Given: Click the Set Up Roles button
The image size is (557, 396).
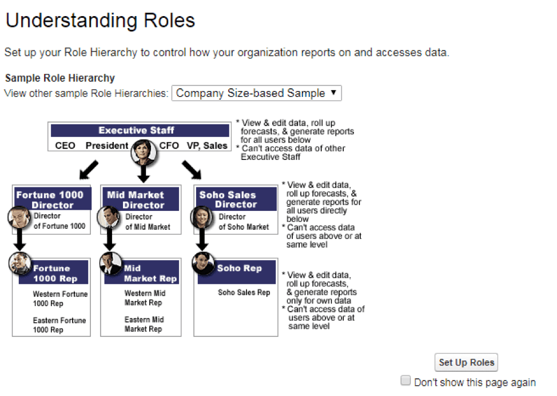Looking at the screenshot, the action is click(x=466, y=363).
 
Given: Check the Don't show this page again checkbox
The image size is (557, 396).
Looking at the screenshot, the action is click(x=405, y=381).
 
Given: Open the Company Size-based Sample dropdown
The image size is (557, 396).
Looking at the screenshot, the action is click(x=256, y=93).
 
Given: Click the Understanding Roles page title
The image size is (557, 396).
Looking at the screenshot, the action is click(x=101, y=20).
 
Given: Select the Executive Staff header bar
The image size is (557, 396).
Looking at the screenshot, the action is click(x=140, y=130).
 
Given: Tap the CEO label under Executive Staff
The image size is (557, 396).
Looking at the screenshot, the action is click(x=65, y=146).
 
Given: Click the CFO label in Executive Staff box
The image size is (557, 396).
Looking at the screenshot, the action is click(x=169, y=146).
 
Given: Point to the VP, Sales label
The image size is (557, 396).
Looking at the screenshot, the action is click(x=207, y=146).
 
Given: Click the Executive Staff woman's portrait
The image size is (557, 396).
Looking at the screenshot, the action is click(x=144, y=152).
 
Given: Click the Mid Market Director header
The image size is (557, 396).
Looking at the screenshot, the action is click(x=140, y=199).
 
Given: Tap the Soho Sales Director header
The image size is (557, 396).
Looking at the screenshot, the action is click(x=236, y=199).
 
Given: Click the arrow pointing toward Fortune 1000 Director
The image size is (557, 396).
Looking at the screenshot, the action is click(x=89, y=170).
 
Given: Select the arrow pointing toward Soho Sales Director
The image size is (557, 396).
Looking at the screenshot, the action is click(x=192, y=170).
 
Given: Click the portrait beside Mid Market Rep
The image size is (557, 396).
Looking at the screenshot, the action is click(x=111, y=264).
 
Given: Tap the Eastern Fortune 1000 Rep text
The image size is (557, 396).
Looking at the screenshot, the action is click(x=59, y=325).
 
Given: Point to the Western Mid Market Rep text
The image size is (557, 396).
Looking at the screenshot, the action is click(x=145, y=297).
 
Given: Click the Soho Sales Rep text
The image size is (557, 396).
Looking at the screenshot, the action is click(x=244, y=292).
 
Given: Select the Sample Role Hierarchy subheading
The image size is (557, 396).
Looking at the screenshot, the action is click(x=60, y=78).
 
